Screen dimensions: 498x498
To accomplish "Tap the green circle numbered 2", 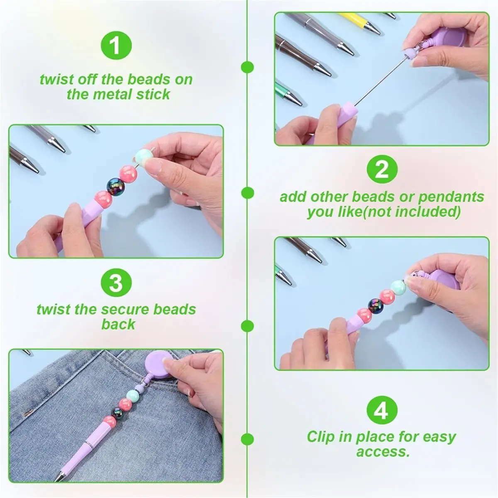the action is pos(382,170).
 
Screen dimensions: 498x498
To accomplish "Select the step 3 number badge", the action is pos(116,283).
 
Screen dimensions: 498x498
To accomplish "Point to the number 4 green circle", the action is pos(382,411).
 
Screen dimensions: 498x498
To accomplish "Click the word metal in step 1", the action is pos(112,94).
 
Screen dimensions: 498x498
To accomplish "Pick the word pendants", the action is pos(451,197).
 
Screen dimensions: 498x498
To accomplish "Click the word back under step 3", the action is pos(119,324).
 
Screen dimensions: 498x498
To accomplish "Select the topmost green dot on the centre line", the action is pos(248,68).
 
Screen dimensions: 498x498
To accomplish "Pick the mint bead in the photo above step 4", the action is pos(398,286).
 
